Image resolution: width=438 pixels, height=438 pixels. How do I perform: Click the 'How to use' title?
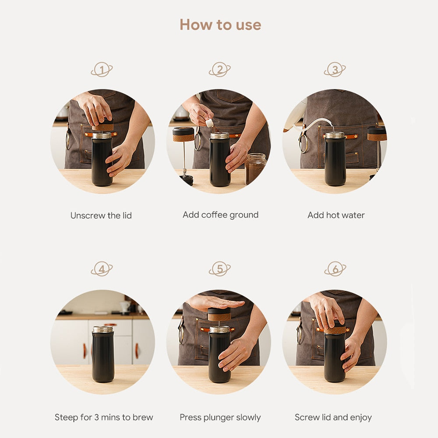click(220, 25)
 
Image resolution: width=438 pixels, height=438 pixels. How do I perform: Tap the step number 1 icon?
click(102, 70)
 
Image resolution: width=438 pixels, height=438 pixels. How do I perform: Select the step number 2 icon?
click(219, 70)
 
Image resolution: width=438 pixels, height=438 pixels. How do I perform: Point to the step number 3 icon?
click(335, 70)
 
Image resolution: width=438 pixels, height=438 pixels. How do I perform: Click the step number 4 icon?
click(102, 269)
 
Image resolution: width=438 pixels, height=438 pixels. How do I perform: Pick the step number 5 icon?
click(219, 269)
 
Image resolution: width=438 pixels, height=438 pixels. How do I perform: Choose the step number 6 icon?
click(335, 269)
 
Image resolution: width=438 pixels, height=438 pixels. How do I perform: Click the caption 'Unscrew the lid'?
click(101, 215)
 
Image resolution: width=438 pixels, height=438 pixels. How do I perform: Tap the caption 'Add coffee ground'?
click(220, 215)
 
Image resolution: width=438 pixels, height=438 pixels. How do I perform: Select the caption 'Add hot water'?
click(336, 215)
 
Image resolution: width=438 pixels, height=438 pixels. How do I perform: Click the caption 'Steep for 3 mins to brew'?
click(104, 417)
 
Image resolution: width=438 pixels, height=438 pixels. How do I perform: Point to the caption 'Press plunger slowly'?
click(220, 417)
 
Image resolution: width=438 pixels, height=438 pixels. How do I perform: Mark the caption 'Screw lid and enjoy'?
click(333, 417)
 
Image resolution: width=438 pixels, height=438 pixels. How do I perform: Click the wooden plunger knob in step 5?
click(219, 315)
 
